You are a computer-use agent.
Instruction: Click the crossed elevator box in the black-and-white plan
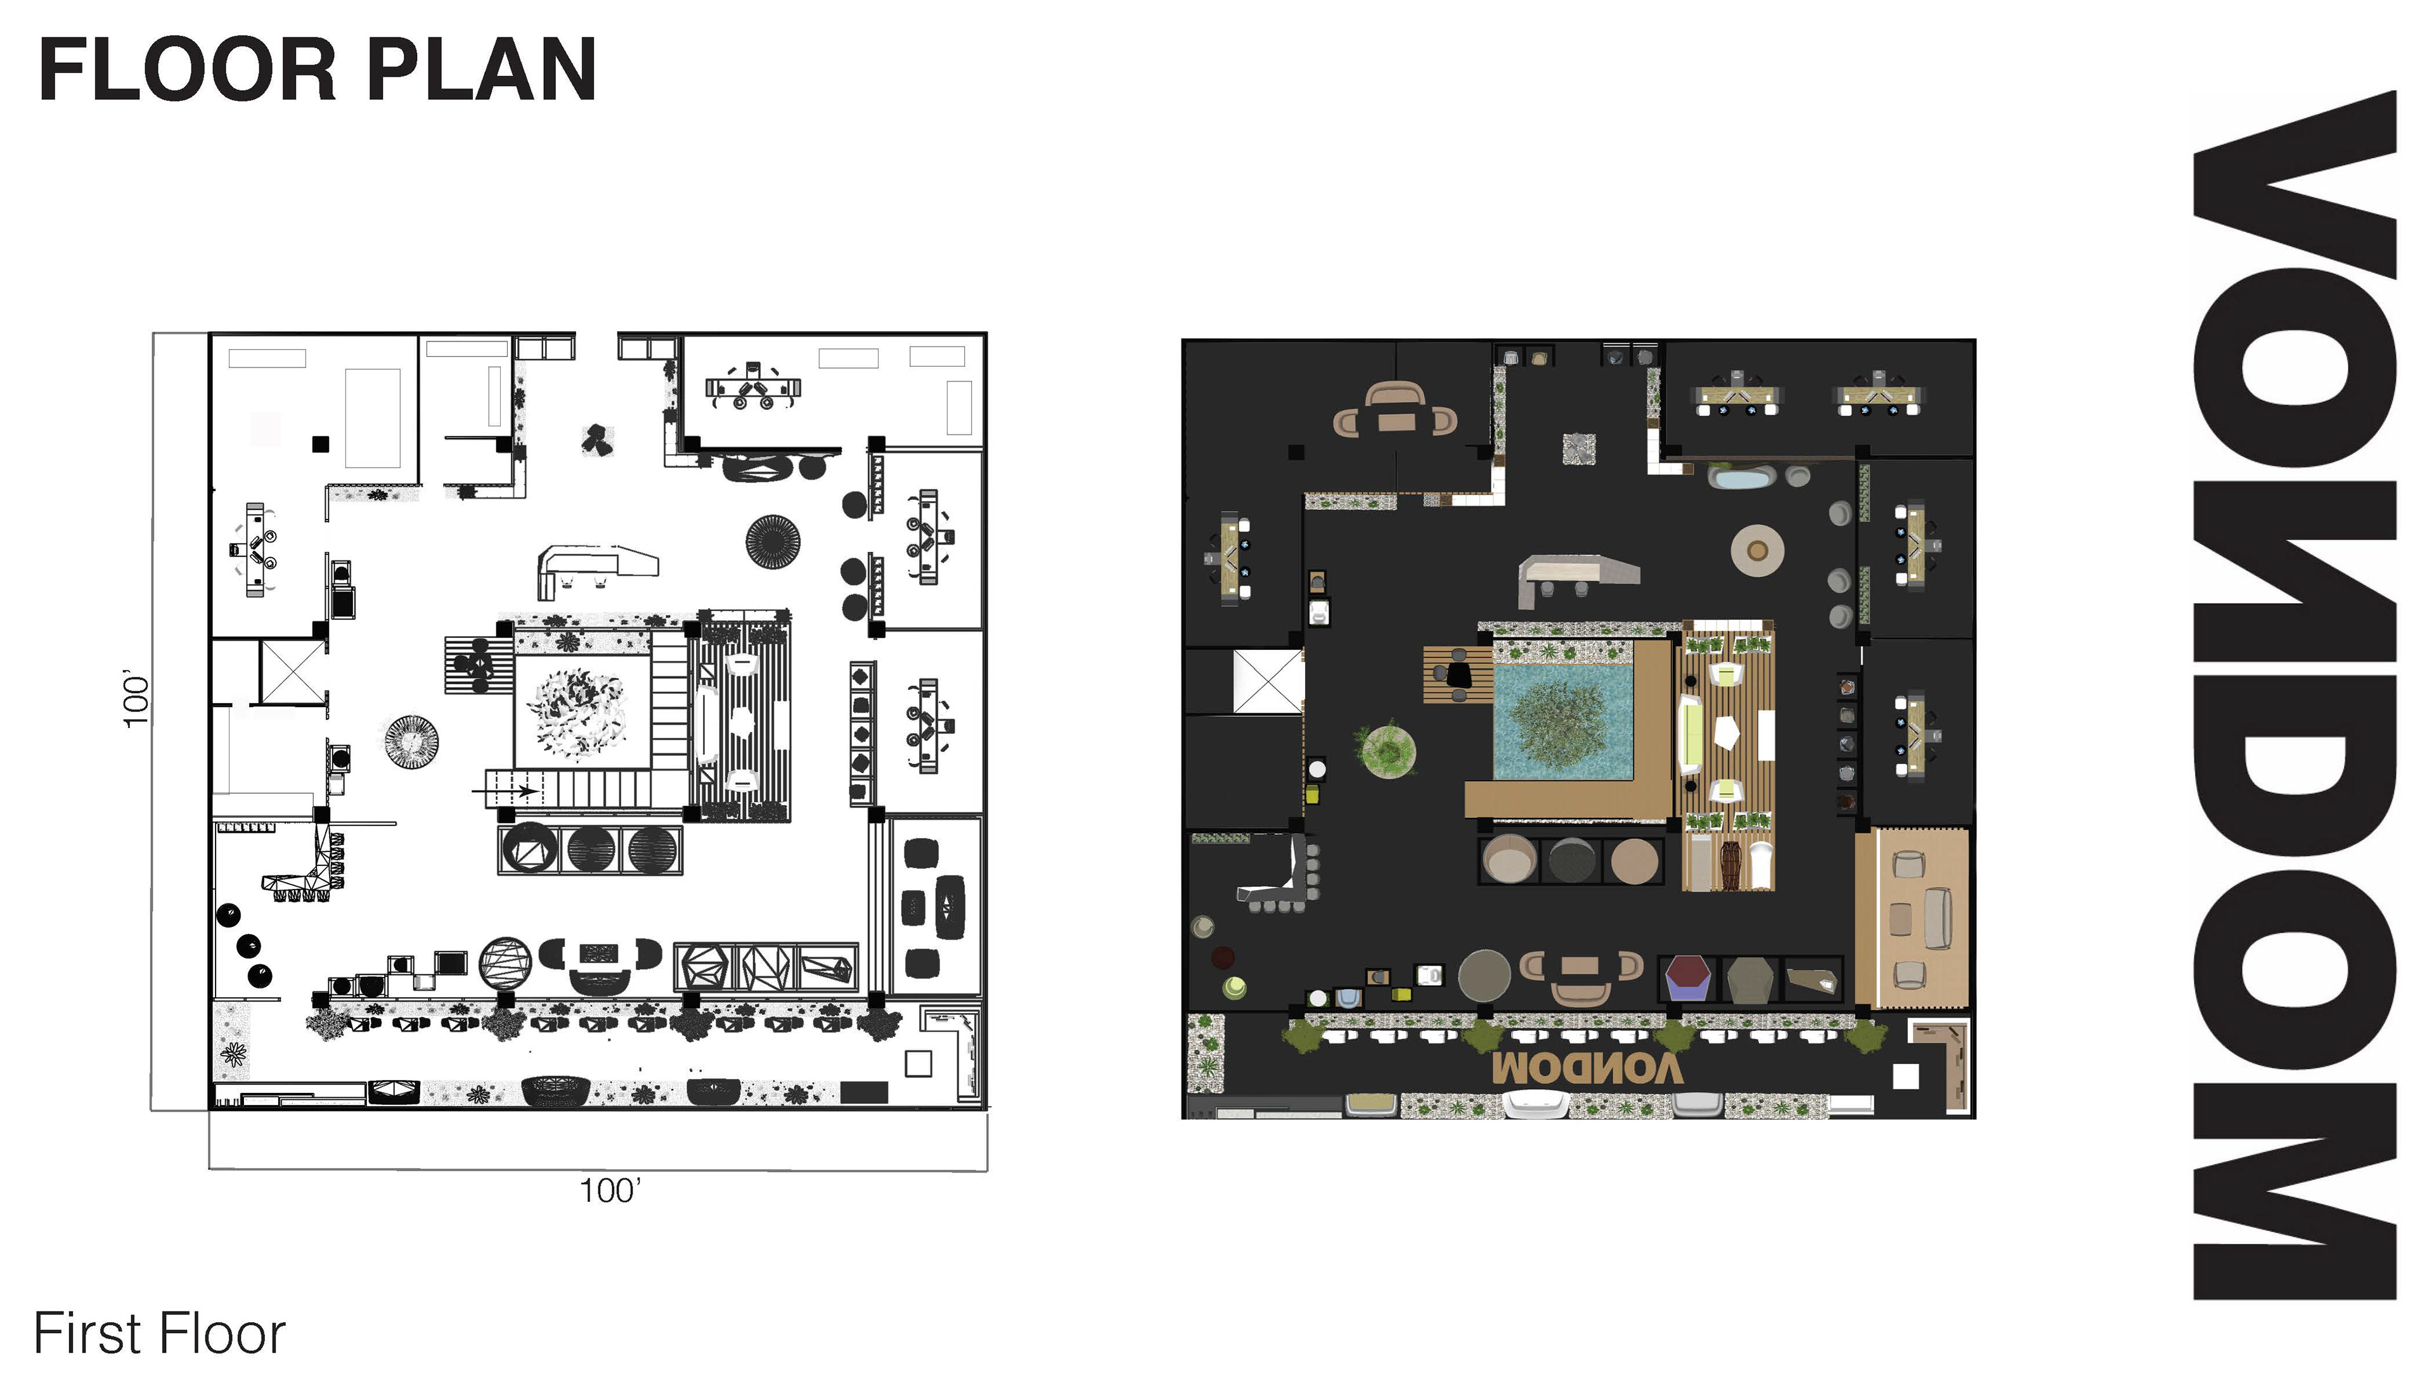[292, 673]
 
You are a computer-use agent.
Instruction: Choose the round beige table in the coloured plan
[1757, 550]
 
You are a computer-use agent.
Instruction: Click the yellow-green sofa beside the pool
[1690, 735]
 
